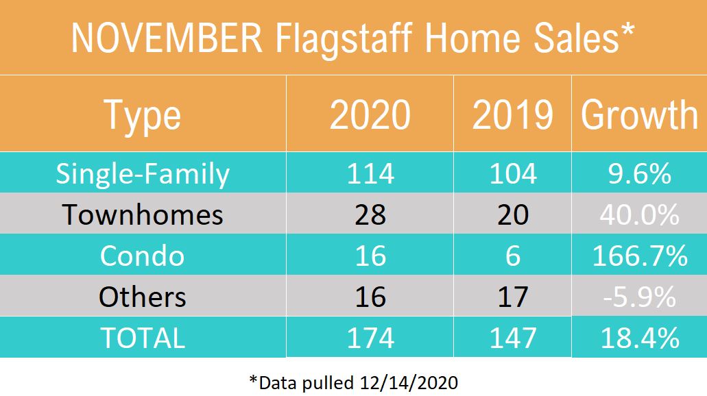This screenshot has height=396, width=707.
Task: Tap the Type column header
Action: (x=143, y=115)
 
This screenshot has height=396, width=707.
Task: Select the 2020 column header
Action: (x=370, y=115)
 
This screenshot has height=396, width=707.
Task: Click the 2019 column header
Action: (x=512, y=115)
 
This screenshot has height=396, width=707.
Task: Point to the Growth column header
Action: (x=639, y=115)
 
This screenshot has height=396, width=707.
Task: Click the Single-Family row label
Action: (x=143, y=173)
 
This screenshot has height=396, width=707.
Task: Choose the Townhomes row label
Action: (x=143, y=214)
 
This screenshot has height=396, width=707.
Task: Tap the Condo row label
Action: (x=143, y=256)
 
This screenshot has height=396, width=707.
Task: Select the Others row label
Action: (x=143, y=297)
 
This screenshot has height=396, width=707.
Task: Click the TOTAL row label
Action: (x=143, y=338)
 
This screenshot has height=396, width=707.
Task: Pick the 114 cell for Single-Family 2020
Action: (x=370, y=173)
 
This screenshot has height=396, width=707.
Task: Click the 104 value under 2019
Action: (x=512, y=173)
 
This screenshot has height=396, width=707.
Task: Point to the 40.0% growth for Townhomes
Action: (x=639, y=214)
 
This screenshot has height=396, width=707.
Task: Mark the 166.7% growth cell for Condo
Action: (x=639, y=256)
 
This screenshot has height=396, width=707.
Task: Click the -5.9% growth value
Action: (x=639, y=297)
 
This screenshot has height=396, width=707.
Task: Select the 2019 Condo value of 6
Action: (x=512, y=256)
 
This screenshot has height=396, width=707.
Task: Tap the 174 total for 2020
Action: (x=370, y=338)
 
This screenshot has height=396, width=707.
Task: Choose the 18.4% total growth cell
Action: (x=639, y=338)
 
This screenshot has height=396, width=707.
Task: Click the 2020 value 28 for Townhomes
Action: (x=370, y=214)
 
